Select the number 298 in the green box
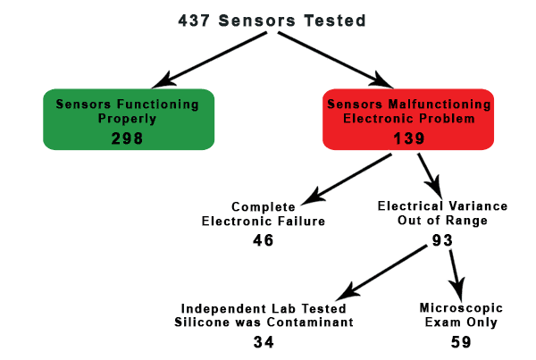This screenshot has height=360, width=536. coord(129,138)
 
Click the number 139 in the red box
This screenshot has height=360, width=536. coord(409,138)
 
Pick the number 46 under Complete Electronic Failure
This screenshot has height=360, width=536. coord(262,239)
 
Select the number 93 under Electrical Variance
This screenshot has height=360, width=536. coord(441,239)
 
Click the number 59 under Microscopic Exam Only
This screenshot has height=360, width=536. coord(460,341)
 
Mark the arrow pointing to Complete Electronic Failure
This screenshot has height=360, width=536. coord(348,178)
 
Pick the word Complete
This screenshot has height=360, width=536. coord(263,205)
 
